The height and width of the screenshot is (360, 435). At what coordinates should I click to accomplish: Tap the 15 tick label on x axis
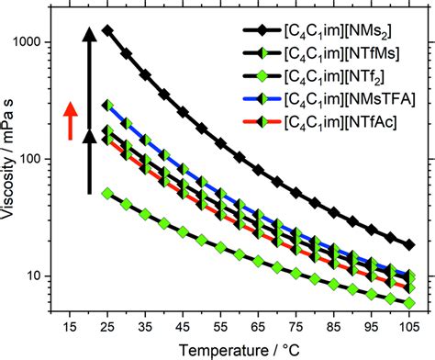(69, 327)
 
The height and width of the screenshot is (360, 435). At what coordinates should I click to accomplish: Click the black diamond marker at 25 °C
(107, 31)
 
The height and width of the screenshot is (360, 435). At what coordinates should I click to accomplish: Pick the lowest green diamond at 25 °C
(107, 194)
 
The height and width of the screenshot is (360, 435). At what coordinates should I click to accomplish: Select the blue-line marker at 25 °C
(107, 106)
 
